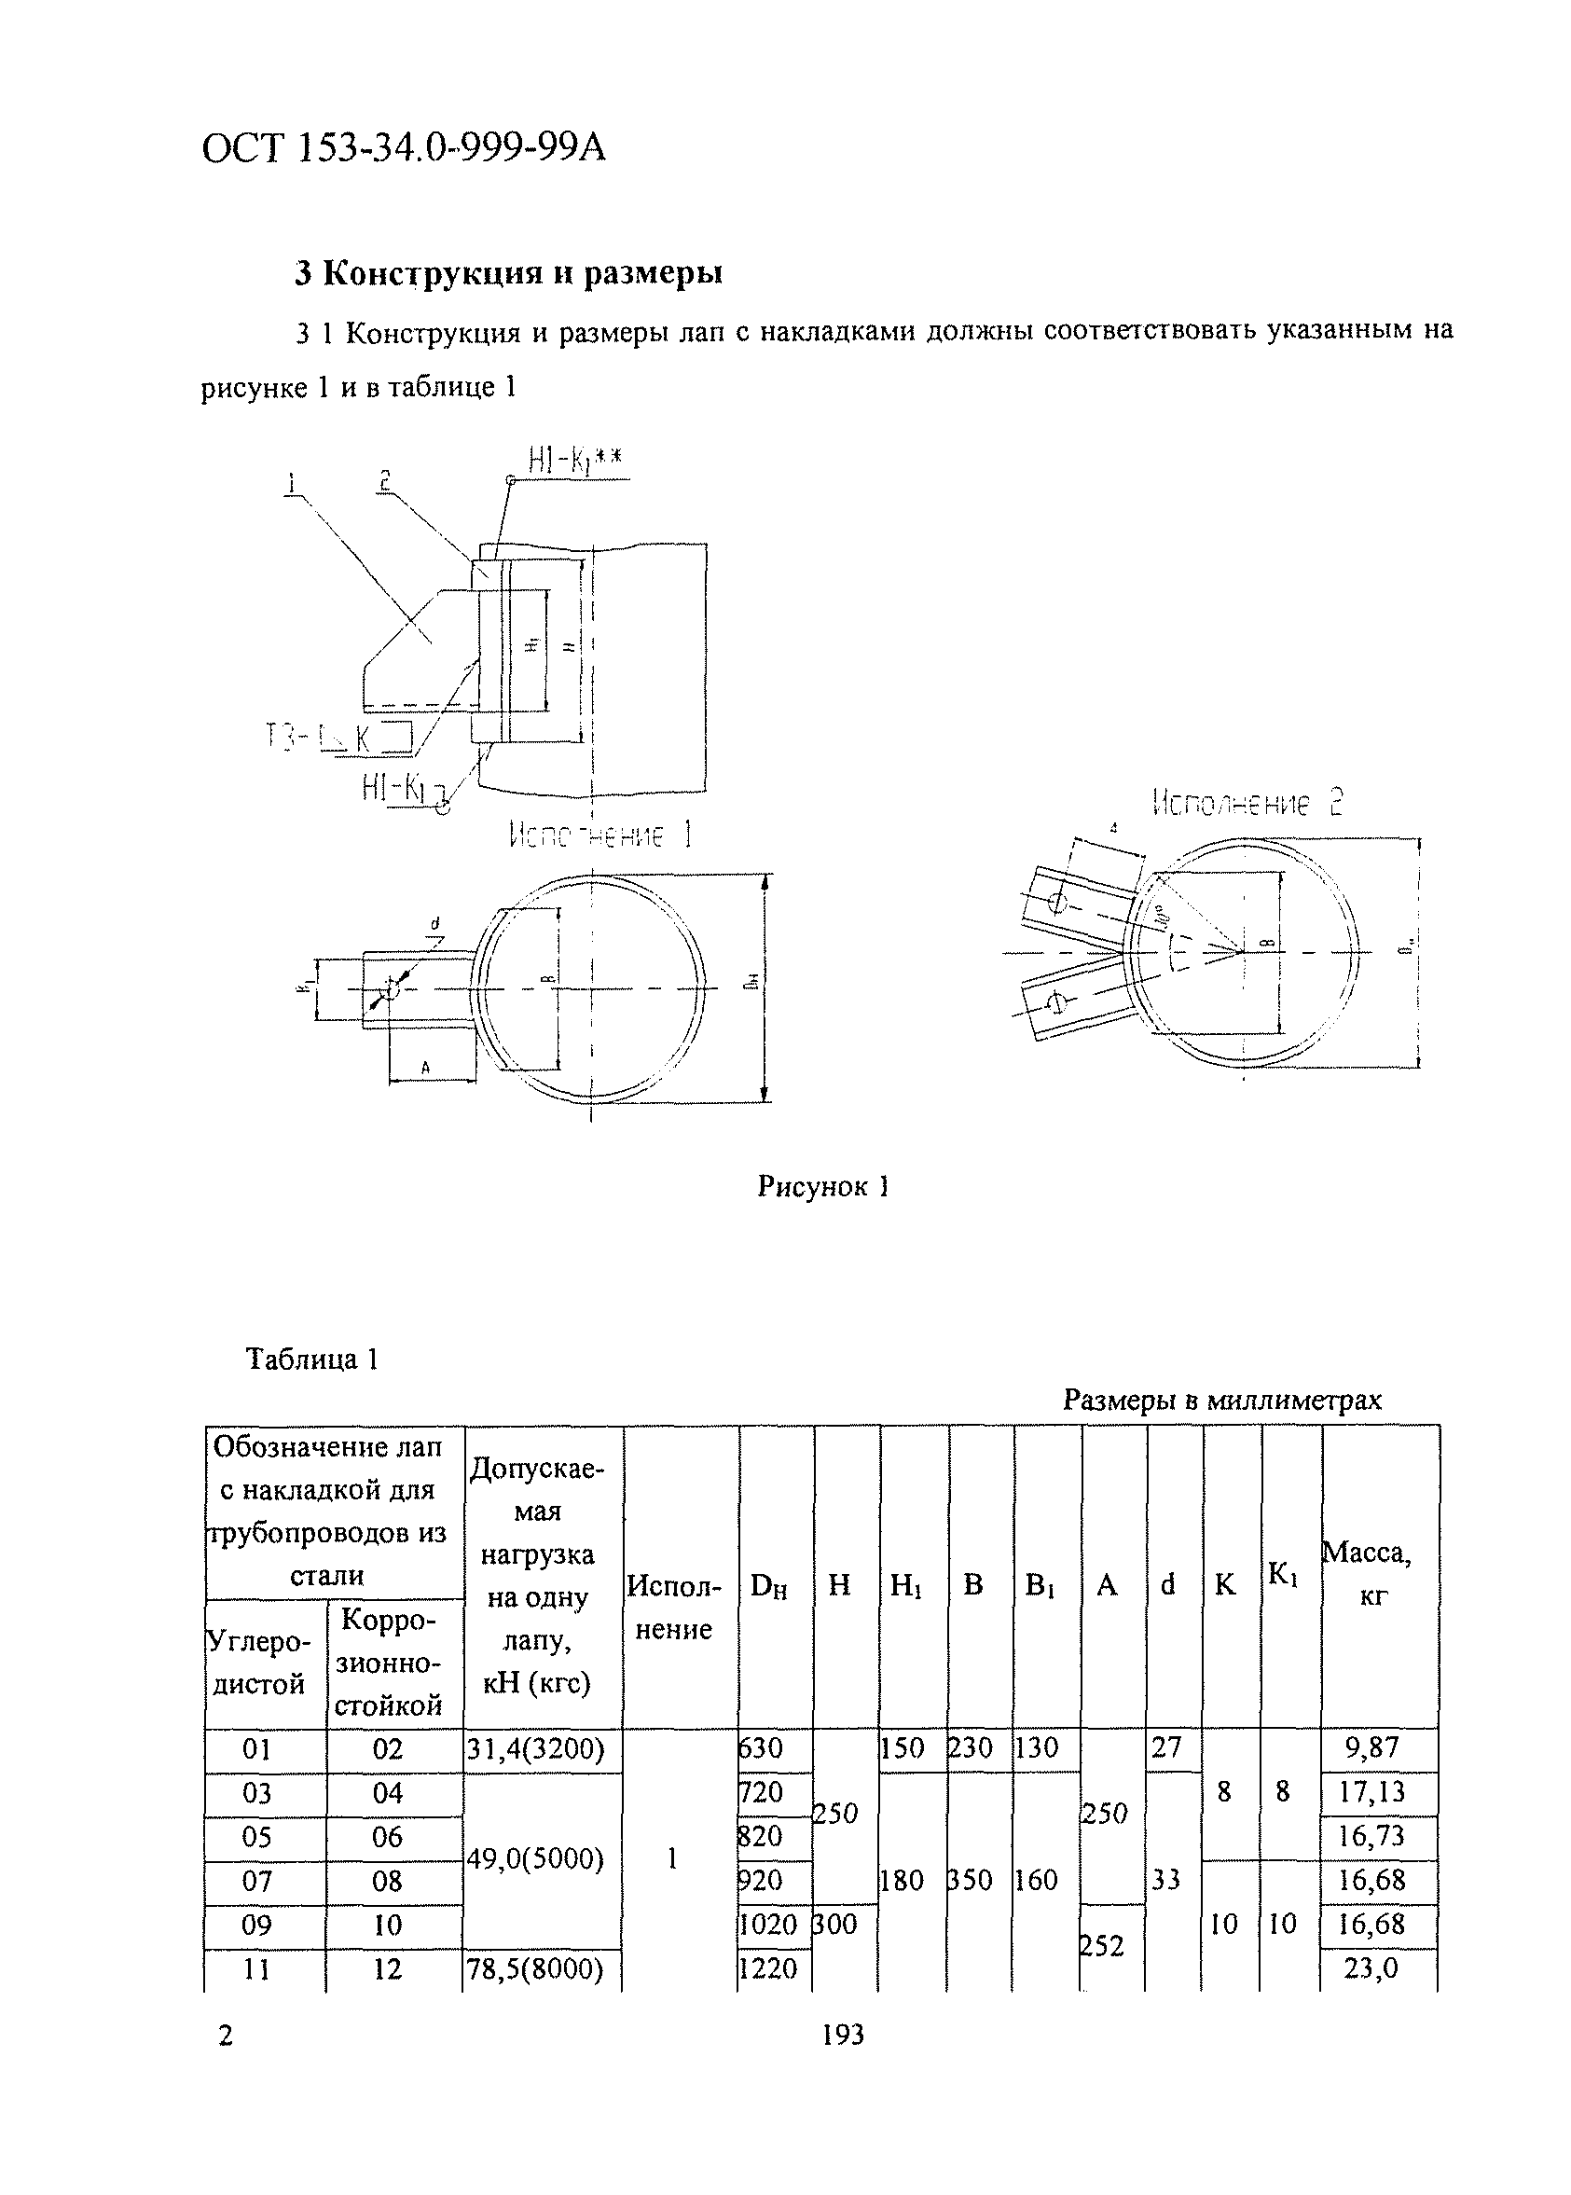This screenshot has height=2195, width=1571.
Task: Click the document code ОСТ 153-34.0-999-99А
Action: pos(404,149)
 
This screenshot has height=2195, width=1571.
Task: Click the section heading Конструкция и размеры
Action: pos(509,274)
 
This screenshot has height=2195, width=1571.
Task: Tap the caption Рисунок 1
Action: pos(823,1187)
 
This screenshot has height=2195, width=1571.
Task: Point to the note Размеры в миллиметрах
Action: pos(1221,1399)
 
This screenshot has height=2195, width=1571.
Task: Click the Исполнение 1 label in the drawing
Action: pos(599,835)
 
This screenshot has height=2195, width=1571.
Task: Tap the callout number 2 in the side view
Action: pos(384,481)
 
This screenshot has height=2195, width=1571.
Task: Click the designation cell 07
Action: pos(256,1881)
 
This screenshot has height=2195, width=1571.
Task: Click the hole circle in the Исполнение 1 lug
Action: pos(392,987)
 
